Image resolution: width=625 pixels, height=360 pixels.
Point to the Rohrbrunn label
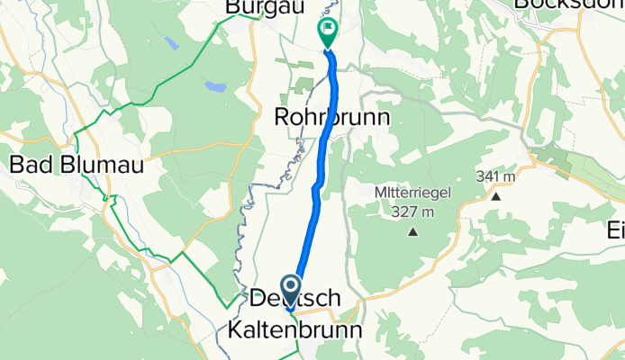[x=331, y=118]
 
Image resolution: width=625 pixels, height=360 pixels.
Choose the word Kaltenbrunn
[x=292, y=330]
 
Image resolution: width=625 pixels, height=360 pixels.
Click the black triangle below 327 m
[x=413, y=232]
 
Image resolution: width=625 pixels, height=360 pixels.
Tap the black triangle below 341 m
[x=495, y=195]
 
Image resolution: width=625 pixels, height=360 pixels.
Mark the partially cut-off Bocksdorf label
[x=567, y=5]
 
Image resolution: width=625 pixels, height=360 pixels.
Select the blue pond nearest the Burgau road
[x=215, y=87]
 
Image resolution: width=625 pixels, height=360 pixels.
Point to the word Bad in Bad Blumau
[x=27, y=165]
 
